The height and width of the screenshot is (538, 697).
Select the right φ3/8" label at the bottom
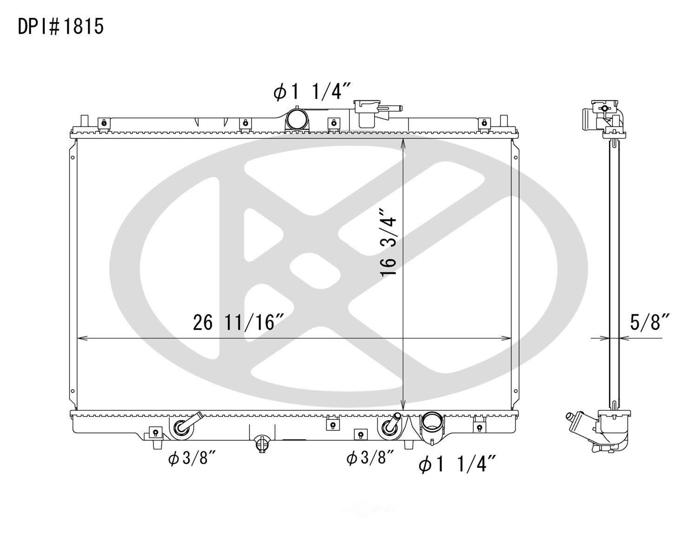370,458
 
